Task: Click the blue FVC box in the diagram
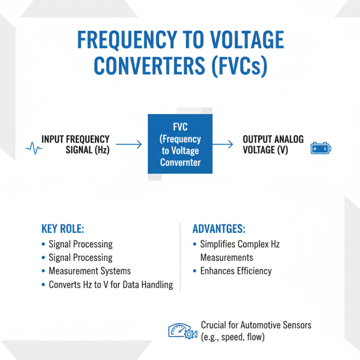[x=180, y=144]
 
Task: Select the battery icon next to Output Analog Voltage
[x=320, y=148]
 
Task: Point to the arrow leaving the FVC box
[x=223, y=144]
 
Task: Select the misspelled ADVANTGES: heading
[x=219, y=229]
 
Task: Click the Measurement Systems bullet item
[x=90, y=271]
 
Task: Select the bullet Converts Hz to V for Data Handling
[x=111, y=285]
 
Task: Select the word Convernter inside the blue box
[x=180, y=162]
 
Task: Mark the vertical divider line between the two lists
[x=180, y=256]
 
